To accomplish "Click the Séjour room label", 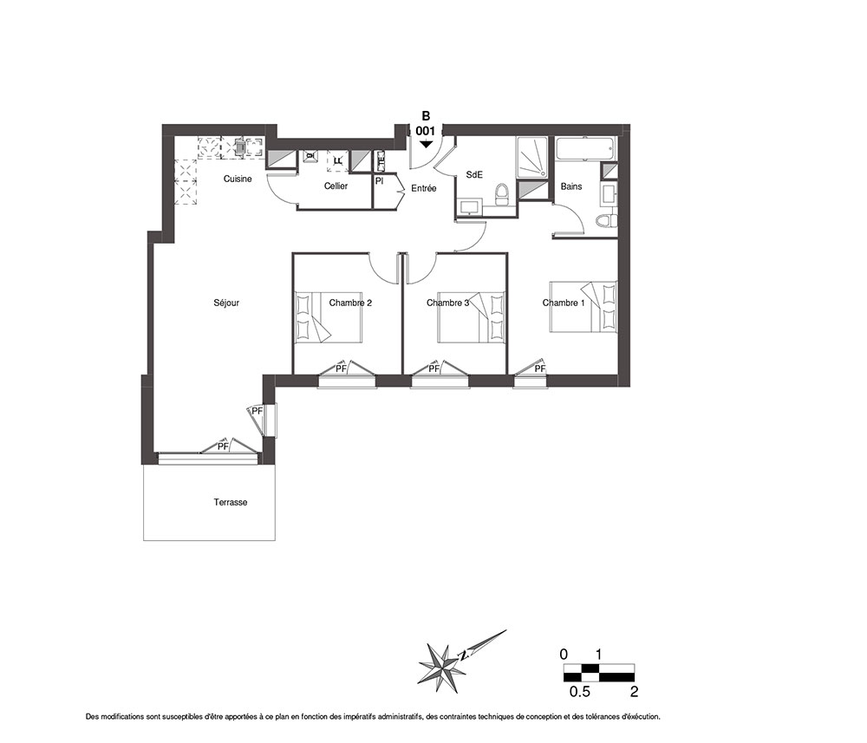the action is [226, 303].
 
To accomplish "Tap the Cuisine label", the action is [238, 179].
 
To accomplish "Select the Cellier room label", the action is [336, 186].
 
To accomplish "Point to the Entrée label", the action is [424, 188].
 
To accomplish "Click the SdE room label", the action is [474, 174].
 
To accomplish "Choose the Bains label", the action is [571, 187].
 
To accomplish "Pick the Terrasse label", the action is [231, 503].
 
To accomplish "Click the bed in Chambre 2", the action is [329, 318].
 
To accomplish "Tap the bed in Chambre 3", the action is [471, 318].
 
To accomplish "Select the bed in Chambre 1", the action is [583, 307].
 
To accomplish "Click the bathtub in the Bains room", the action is [585, 148].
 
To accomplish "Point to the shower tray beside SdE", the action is [532, 158].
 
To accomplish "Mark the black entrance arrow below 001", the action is [425, 144].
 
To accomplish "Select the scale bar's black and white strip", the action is [599, 672].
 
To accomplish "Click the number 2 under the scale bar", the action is [635, 692].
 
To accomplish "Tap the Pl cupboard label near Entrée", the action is [380, 181].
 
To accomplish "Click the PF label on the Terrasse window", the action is [223, 446].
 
